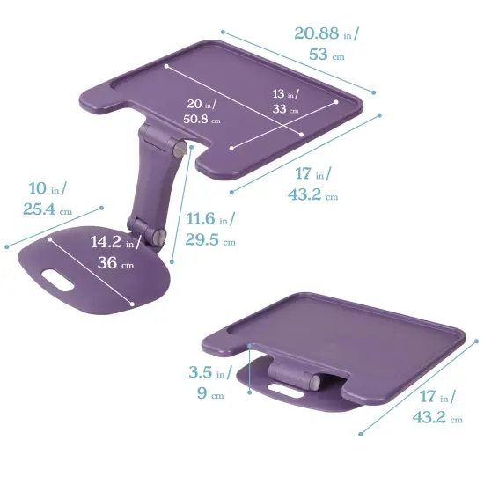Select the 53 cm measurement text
[323, 55]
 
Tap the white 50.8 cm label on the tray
[202, 119]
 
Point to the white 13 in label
[283, 93]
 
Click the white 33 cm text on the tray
[283, 110]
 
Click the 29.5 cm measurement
[210, 240]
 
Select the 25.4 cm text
[47, 210]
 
